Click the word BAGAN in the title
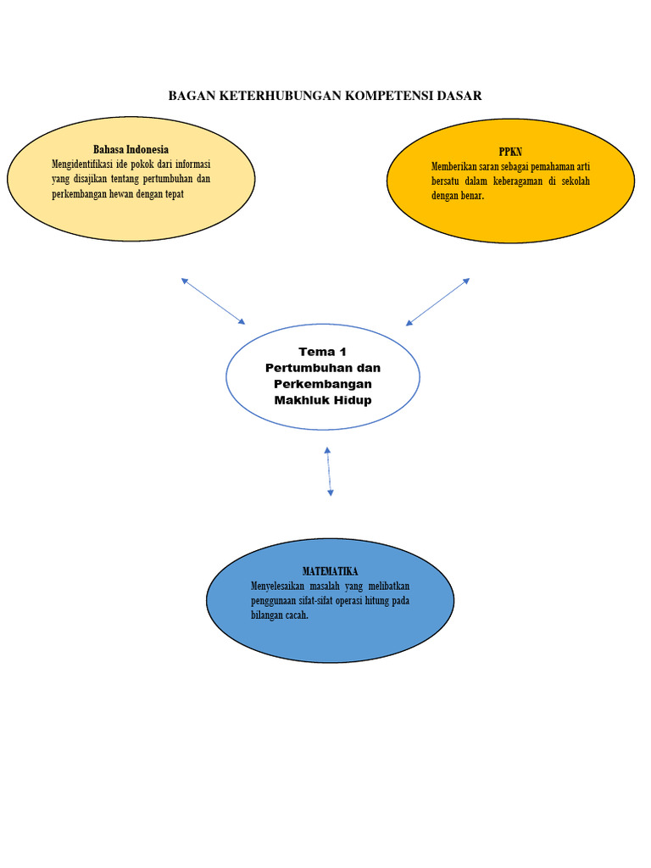point(192,96)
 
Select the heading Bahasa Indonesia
point(131,150)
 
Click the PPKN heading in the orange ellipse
point(511,152)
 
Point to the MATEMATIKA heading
point(331,571)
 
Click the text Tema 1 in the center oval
point(322,352)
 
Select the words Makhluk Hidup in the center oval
point(322,400)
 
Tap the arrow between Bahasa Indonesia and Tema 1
point(213,300)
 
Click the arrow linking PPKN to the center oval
point(437,302)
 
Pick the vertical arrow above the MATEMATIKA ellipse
point(329,471)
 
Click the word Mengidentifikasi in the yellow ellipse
point(86,164)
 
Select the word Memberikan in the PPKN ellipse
point(456,167)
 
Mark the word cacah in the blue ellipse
point(294,615)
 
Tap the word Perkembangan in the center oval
point(322,384)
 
